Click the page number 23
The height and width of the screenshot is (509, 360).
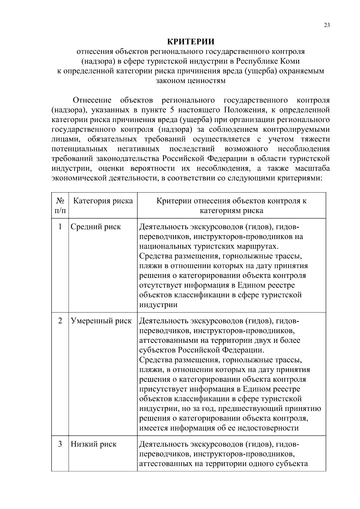point(327,25)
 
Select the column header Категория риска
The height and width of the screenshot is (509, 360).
point(103,201)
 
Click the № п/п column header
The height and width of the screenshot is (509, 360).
point(60,205)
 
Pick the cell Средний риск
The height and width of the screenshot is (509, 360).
point(96,227)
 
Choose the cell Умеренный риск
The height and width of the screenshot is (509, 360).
point(101,321)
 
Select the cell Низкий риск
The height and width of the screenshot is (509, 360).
point(94,444)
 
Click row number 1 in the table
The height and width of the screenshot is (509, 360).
point(60,227)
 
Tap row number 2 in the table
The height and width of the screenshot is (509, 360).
point(60,321)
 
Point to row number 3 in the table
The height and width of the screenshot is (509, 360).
point(60,444)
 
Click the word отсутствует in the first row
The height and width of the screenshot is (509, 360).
point(160,285)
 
